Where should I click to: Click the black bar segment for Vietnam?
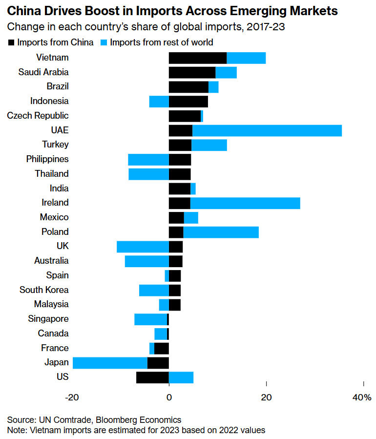[x=197, y=58]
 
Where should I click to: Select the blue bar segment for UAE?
[x=267, y=130]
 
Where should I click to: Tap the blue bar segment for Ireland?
[x=245, y=203]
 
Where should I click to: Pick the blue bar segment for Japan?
[x=110, y=363]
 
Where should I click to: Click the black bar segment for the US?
[x=152, y=377]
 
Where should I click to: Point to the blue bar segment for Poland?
[x=221, y=232]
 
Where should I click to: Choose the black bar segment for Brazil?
[x=188, y=87]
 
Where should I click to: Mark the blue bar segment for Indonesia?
[x=159, y=102]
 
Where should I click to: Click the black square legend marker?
[x=11, y=42]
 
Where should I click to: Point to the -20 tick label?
[x=72, y=397]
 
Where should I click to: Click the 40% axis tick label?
[x=361, y=397]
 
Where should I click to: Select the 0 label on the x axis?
[x=169, y=397]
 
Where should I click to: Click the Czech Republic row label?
[x=38, y=116]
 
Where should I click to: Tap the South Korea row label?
[x=44, y=290]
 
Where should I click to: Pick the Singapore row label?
[x=48, y=319]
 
